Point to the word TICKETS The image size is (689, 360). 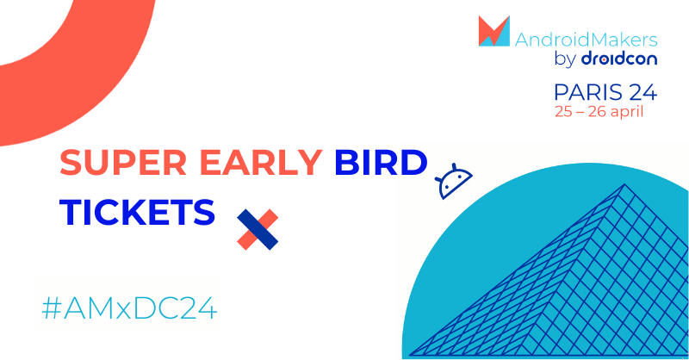(137, 212)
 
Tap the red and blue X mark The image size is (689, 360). (258, 228)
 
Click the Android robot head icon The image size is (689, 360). (454, 182)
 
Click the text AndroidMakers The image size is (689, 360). (586, 39)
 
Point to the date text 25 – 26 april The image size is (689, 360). (599, 111)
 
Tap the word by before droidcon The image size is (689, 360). (567, 60)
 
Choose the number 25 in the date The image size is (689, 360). (563, 111)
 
